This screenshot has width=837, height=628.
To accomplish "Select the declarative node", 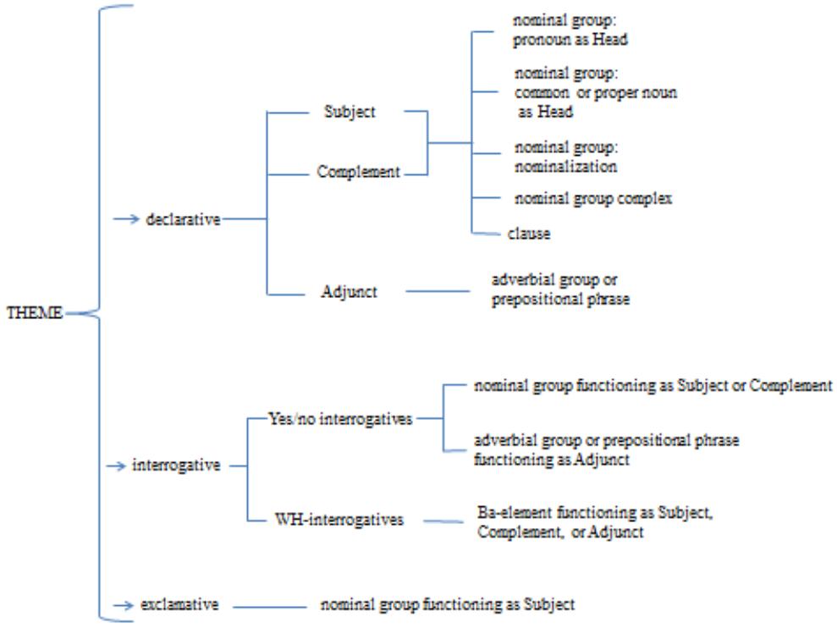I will pos(184,220).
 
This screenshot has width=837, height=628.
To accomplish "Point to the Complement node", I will pos(358,172).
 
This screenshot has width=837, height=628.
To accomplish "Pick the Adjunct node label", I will pos(349,292).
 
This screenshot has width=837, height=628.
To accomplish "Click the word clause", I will pos(529,234).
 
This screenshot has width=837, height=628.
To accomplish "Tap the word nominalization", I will pos(566,167).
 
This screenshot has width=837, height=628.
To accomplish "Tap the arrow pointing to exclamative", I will pos(125,604).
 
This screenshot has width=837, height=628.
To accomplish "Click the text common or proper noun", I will pos(596,93).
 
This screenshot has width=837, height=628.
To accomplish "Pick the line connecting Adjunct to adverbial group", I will pos(438,292).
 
